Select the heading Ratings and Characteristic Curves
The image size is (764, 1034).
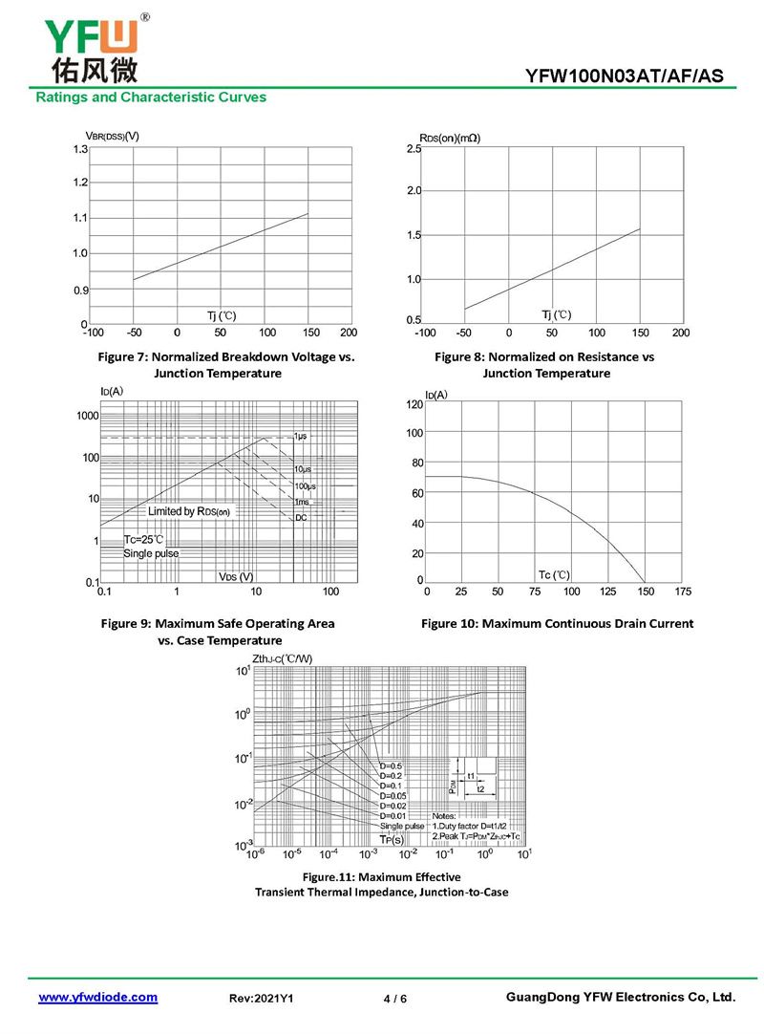[151, 97]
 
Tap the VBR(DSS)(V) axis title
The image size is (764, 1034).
[107, 135]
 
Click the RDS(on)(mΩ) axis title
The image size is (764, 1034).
[449, 138]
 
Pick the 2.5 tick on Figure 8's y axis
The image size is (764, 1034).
[414, 149]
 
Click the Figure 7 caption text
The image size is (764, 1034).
[226, 364]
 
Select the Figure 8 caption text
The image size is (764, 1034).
[544, 364]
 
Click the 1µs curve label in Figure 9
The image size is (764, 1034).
[301, 436]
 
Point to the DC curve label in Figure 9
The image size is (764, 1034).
[301, 517]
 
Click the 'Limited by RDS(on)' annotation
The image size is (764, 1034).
[189, 512]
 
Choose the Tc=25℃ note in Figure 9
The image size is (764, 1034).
[144, 540]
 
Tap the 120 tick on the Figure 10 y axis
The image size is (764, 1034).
[414, 405]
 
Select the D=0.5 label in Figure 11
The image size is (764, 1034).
[391, 766]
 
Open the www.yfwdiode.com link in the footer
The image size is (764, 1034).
[97, 997]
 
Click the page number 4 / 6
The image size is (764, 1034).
[394, 999]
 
